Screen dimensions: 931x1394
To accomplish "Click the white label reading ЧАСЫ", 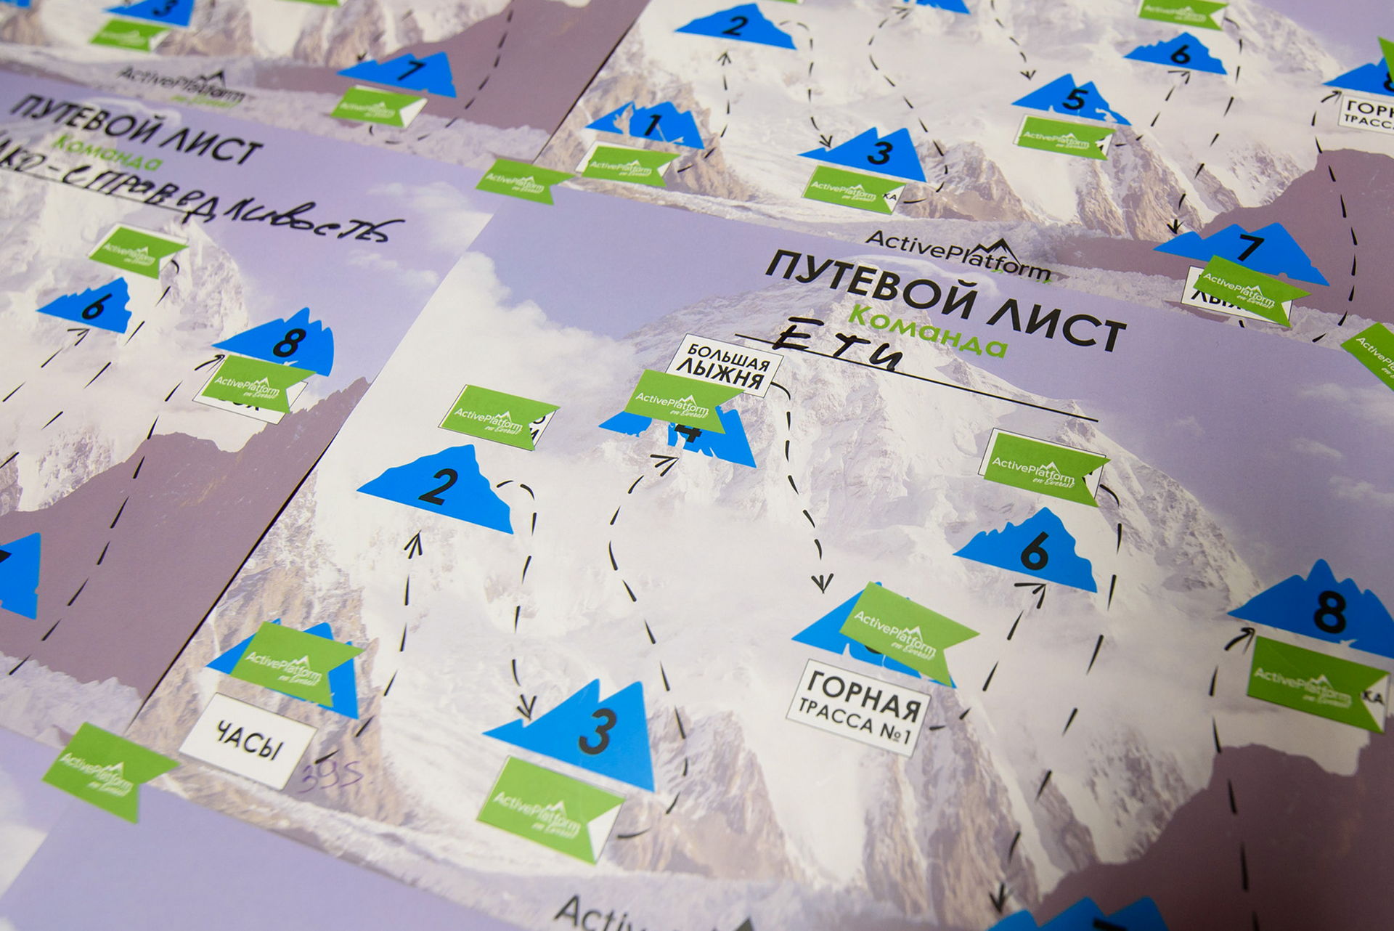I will tap(248, 740).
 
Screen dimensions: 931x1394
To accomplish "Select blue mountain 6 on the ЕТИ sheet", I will tap(1030, 552).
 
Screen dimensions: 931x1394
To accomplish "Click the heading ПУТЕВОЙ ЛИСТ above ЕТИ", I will tap(944, 298).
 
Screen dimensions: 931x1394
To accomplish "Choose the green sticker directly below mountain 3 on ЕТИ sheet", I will tap(550, 808).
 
